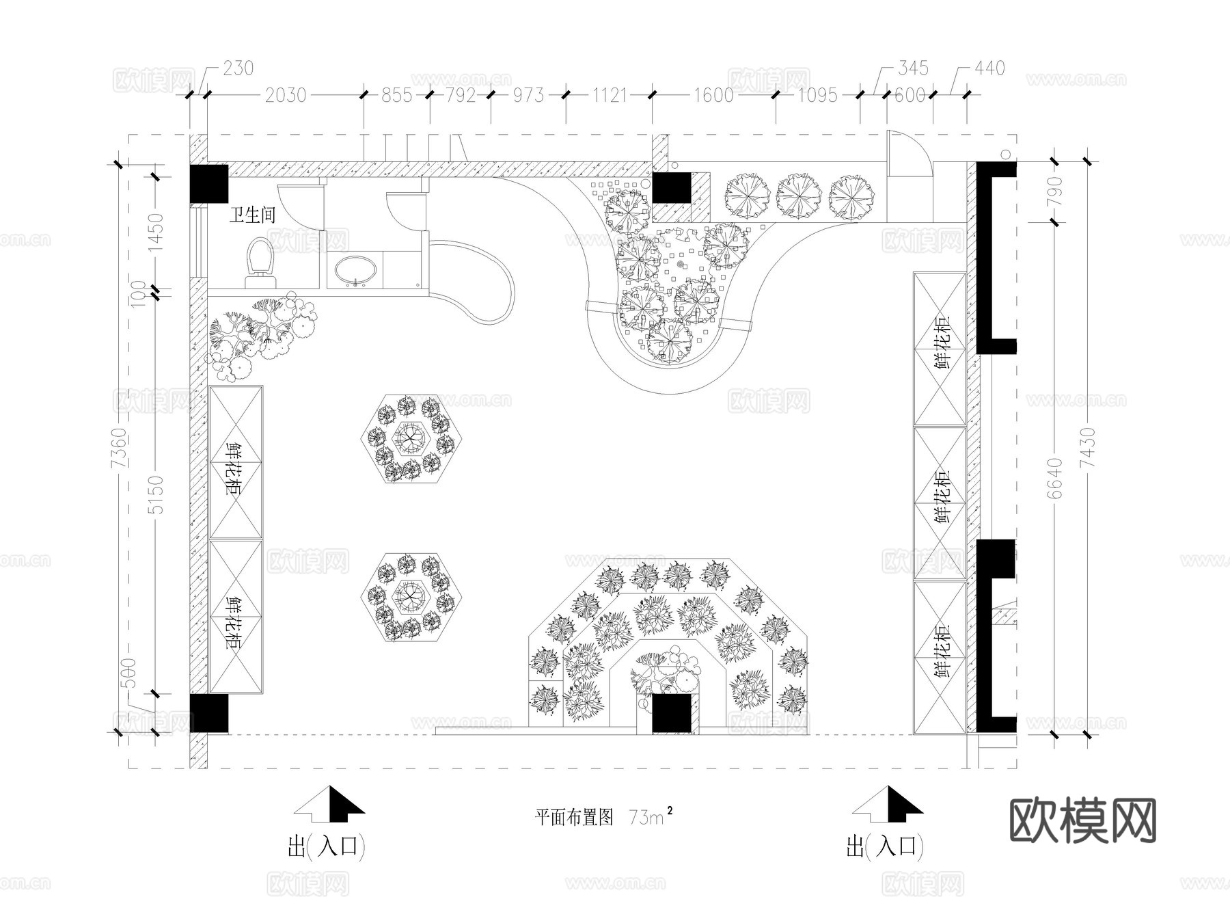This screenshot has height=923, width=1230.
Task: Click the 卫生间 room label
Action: coord(252,215)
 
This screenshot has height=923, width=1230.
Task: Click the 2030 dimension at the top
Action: coord(285,95)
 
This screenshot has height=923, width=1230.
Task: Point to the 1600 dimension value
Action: coord(713,95)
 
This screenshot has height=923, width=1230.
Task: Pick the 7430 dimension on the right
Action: coord(1087,448)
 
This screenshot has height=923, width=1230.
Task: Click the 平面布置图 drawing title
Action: coord(574,817)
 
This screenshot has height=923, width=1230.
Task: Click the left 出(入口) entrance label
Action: coord(326,848)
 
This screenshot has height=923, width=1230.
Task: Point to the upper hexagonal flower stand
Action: coord(411,440)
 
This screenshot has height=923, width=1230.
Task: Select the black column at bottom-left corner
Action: coord(208,713)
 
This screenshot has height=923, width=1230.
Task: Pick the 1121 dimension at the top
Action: coord(609,95)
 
